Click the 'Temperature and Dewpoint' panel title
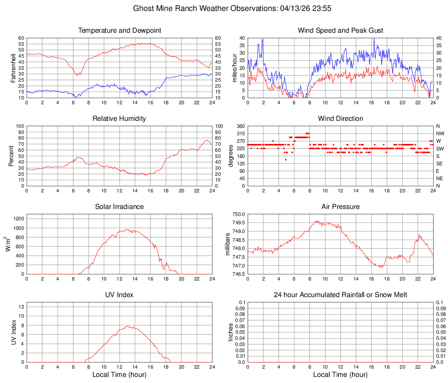point(120,31)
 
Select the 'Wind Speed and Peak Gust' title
point(340,31)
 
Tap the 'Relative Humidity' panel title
point(120,119)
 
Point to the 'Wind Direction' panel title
point(340,119)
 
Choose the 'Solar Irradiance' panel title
point(120,207)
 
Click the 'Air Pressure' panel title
point(340,207)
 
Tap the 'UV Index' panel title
point(120,295)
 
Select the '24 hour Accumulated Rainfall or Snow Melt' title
point(340,295)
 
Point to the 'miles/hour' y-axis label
point(234,68)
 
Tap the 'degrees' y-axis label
point(231,156)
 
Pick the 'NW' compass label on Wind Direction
point(440,133)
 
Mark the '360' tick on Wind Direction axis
point(240,126)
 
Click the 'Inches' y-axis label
point(231,332)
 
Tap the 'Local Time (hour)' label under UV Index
point(120,375)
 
